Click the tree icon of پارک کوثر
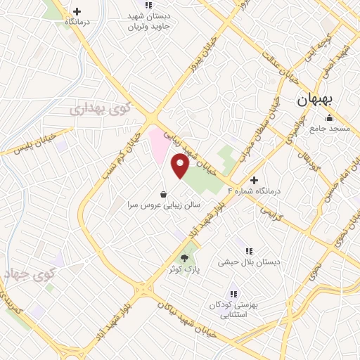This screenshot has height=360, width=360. [x=184, y=259]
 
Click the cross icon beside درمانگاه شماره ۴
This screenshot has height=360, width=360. [x=255, y=180]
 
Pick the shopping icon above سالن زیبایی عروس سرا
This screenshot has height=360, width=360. [x=163, y=194]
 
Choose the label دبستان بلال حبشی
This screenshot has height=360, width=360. [x=248, y=262]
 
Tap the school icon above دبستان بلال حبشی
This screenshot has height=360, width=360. [x=248, y=251]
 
